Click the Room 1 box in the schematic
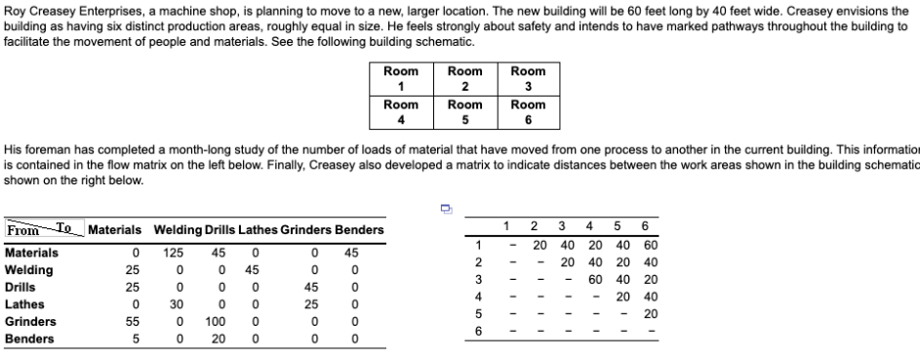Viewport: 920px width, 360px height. [401, 79]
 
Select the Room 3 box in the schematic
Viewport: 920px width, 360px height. [528, 79]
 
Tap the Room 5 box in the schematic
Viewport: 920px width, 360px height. [464, 112]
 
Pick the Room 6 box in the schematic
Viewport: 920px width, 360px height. [528, 112]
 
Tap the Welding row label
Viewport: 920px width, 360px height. [28, 270]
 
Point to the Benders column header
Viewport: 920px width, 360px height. [360, 230]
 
